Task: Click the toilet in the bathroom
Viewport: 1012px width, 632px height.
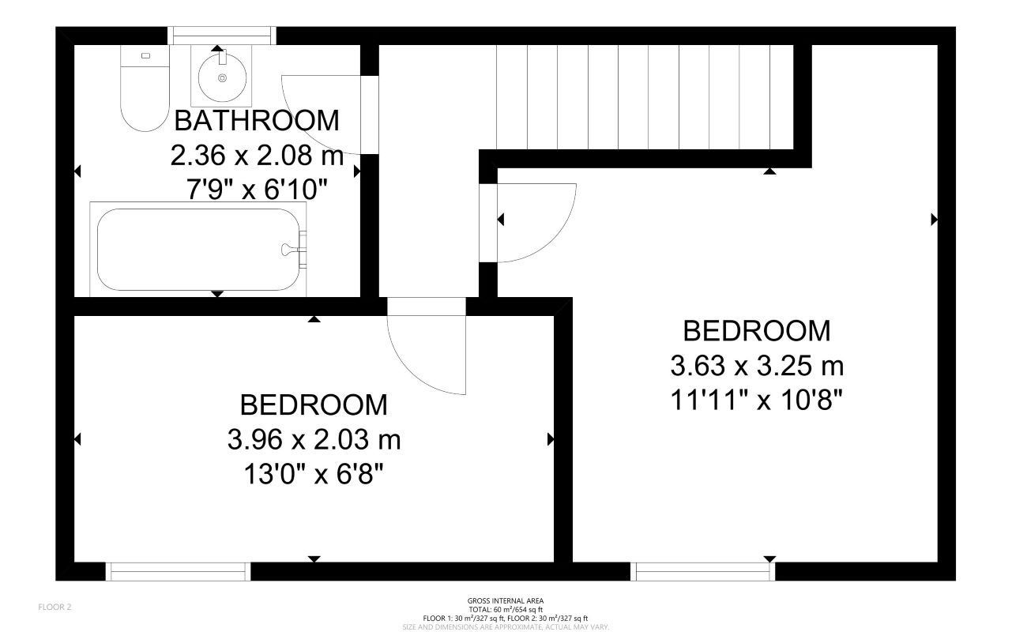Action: tap(145, 91)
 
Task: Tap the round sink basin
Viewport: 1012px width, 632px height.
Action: tap(222, 77)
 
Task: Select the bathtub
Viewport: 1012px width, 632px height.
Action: tap(198, 250)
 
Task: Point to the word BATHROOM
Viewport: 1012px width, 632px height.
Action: tap(256, 121)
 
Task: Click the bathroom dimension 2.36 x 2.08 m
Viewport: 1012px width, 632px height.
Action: tap(257, 156)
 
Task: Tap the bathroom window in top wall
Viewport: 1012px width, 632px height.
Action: tap(223, 35)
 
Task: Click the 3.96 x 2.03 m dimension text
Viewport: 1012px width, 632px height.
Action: tap(314, 439)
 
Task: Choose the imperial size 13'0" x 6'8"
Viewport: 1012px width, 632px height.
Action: tap(314, 474)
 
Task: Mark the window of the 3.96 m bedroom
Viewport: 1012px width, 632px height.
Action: tap(178, 571)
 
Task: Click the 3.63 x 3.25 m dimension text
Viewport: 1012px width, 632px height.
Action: tap(757, 366)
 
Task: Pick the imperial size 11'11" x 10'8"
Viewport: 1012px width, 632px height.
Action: tap(757, 401)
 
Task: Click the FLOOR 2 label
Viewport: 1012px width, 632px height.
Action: tap(55, 607)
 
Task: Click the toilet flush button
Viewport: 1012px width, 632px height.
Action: tap(145, 56)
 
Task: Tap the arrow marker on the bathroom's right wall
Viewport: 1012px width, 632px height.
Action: tap(357, 170)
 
